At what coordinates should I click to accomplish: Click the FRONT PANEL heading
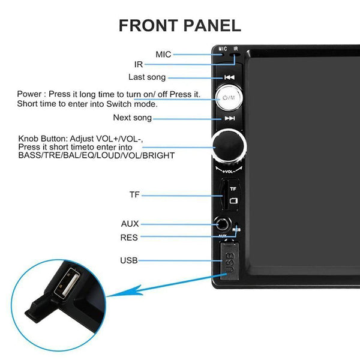tap(180, 25)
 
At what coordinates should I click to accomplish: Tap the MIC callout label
tap(163, 55)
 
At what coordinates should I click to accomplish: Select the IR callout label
tap(139, 64)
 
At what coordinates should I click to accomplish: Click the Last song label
tap(147, 77)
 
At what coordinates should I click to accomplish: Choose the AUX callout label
tap(130, 224)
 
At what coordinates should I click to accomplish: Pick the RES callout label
tap(129, 238)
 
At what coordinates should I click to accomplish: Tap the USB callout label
tap(129, 260)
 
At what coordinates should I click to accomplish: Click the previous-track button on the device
tap(229, 77)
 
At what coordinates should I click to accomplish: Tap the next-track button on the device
tap(229, 119)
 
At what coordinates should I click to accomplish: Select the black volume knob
tap(229, 146)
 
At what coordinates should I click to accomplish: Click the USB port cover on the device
tap(229, 262)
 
